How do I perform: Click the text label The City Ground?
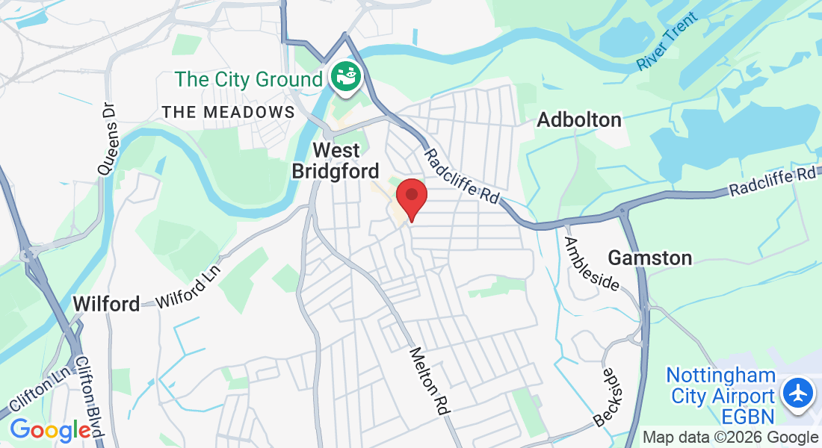(249, 78)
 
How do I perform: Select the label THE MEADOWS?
(229, 112)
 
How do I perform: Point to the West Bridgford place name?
(336, 160)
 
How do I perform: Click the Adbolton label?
(579, 119)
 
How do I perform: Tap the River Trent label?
(667, 42)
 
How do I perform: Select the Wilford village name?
(106, 304)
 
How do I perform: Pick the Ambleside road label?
(592, 264)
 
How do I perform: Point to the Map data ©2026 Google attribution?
(730, 437)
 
